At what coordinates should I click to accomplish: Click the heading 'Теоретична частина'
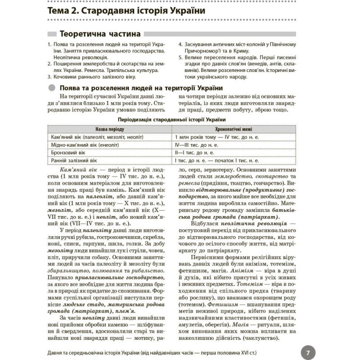point(99,34)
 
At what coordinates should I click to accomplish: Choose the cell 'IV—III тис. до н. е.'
point(197,144)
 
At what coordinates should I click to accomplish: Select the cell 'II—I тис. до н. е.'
point(194,152)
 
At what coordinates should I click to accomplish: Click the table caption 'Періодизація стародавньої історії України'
point(171,119)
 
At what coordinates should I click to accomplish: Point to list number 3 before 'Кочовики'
point(48,77)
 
